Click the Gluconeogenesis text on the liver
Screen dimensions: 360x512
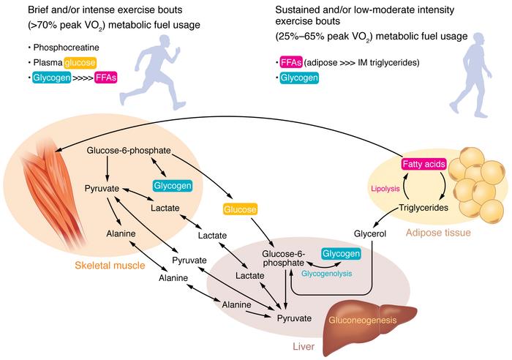click(372, 320)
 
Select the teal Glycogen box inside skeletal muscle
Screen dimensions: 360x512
click(173, 186)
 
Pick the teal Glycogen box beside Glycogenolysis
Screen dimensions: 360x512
click(341, 254)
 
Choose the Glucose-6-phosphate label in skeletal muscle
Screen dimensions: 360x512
click(129, 151)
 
